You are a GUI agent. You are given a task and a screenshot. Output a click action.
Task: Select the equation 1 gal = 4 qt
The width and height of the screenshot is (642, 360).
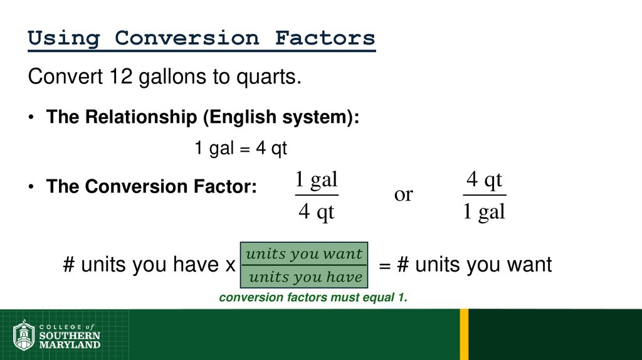[x=240, y=149]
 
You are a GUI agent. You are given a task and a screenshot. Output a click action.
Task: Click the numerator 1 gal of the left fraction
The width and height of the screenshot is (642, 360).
[x=316, y=181]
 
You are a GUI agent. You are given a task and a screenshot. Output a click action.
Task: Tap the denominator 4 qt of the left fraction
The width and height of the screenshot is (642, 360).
[x=316, y=213]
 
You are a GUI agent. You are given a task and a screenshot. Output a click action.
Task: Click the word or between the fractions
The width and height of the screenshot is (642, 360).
[x=403, y=195]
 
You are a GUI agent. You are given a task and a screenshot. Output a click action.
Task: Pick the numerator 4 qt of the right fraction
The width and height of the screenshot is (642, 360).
[x=485, y=181]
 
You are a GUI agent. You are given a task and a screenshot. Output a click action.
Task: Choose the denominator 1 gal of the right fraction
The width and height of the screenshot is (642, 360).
[x=484, y=213]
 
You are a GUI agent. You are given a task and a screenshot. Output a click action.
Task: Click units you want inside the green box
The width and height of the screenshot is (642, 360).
[x=304, y=254]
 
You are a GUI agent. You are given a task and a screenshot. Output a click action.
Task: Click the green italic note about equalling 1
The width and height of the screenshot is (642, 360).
[x=313, y=298]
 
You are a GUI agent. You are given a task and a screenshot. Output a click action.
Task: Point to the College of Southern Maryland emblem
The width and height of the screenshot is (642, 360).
[x=24, y=336]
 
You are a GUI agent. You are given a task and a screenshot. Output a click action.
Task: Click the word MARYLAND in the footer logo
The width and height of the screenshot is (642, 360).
[x=69, y=344]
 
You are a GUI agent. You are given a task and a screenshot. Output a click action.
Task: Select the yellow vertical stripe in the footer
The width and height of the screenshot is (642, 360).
[x=464, y=334]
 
